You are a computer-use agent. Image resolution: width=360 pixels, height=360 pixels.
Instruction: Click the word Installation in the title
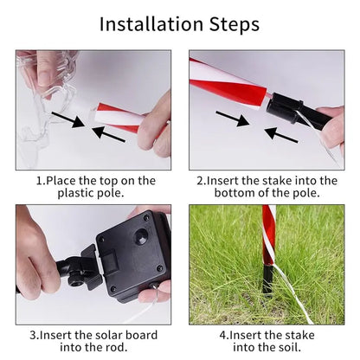click(151, 24)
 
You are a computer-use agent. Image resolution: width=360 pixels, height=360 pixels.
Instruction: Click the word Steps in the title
click(235, 25)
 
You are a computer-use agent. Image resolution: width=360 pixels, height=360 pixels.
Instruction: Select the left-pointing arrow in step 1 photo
click(109, 134)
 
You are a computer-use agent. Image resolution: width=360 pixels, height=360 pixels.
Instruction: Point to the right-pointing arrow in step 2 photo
click(233, 119)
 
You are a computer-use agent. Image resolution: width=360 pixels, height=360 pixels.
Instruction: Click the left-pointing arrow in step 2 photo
click(280, 135)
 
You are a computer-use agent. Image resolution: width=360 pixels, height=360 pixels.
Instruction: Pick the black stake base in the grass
click(267, 280)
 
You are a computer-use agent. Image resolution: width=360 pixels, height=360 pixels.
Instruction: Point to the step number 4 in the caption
click(223, 336)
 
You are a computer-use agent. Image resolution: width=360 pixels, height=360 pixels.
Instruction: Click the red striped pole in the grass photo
click(268, 235)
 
